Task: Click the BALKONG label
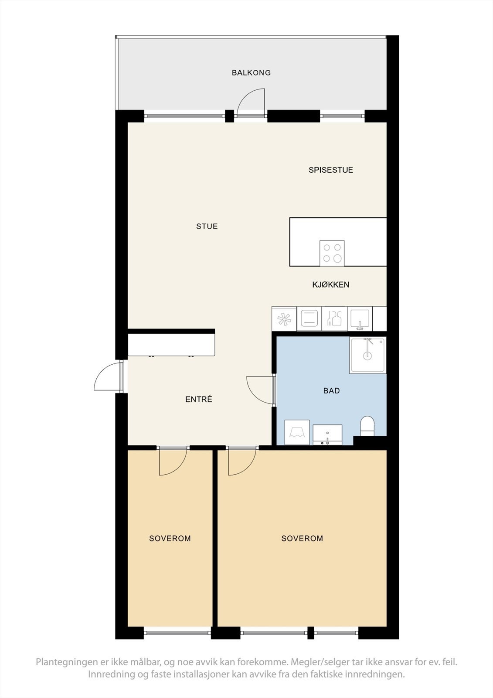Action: [x=251, y=73]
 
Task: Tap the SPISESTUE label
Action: [x=330, y=170]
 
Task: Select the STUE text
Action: [x=207, y=226]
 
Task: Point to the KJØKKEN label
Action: [x=330, y=285]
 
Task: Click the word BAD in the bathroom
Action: [x=331, y=391]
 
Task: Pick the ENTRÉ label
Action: [x=199, y=399]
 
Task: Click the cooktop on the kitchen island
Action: [x=332, y=253]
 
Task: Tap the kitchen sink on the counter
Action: [x=360, y=318]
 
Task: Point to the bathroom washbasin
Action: [x=327, y=435]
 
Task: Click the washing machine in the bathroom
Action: [x=297, y=432]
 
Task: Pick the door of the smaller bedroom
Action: [x=173, y=462]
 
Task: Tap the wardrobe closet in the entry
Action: [x=171, y=345]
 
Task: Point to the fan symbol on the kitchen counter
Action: [x=284, y=319]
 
